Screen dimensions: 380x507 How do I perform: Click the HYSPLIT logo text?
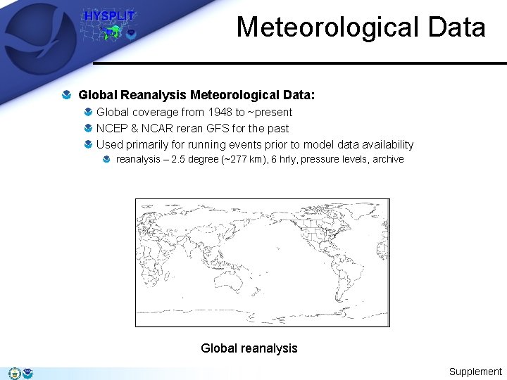click(x=109, y=15)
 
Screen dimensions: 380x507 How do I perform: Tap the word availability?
click(x=386, y=145)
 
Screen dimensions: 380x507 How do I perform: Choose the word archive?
click(x=388, y=160)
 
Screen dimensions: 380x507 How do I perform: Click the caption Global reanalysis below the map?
click(x=249, y=348)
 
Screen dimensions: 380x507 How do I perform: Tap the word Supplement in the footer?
click(x=475, y=372)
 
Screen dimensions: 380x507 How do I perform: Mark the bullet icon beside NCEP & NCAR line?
click(x=87, y=128)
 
